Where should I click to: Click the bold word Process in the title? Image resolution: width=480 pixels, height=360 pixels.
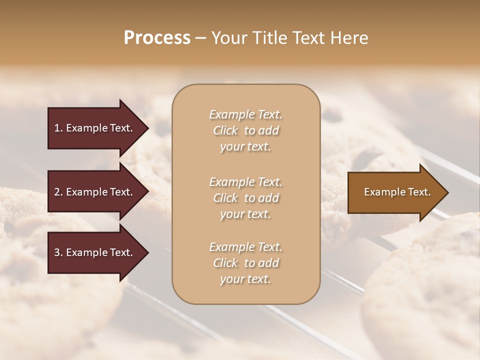pos(157,38)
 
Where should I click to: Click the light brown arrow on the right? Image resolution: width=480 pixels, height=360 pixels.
pos(395,192)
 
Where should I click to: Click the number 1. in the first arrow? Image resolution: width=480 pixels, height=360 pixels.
pos(58,128)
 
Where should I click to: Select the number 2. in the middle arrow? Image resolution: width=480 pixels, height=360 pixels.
pos(58,192)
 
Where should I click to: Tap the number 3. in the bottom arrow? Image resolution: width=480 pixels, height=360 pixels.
pos(58,253)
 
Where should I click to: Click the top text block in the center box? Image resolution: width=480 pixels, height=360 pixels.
pos(245,130)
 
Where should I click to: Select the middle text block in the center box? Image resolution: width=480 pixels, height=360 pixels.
pos(245,198)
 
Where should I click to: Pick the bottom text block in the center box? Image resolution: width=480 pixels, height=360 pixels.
pos(245,263)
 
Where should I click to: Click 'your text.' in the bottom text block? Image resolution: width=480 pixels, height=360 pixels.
pos(245,279)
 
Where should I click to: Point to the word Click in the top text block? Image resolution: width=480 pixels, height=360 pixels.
pos(225,130)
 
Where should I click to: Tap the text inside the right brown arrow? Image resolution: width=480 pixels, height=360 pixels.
pos(397,192)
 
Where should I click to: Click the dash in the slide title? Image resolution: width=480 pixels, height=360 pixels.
pos(201,38)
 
